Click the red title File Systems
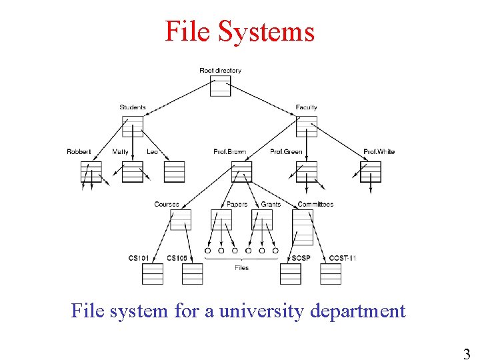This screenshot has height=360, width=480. [x=239, y=31]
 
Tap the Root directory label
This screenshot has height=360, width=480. [x=220, y=71]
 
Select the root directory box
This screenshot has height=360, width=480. [x=220, y=86]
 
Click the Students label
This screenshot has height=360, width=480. [x=133, y=107]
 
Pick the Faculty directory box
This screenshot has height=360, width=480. [x=307, y=127]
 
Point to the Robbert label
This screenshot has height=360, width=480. [x=79, y=152]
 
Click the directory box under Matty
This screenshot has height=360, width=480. [x=133, y=172]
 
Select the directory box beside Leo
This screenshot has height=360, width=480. [x=174, y=172]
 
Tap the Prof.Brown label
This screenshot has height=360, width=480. [x=229, y=152]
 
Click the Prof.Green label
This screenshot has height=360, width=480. [x=286, y=152]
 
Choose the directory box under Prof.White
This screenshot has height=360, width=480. [x=371, y=172]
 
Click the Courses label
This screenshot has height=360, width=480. [x=167, y=205]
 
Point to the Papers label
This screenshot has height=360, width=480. [x=237, y=205]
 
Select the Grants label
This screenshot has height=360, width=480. [x=271, y=205]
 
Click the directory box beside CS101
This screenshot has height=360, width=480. [x=153, y=274]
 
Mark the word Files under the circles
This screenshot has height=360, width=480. [x=241, y=268]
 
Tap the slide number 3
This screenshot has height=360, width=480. [x=467, y=353]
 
